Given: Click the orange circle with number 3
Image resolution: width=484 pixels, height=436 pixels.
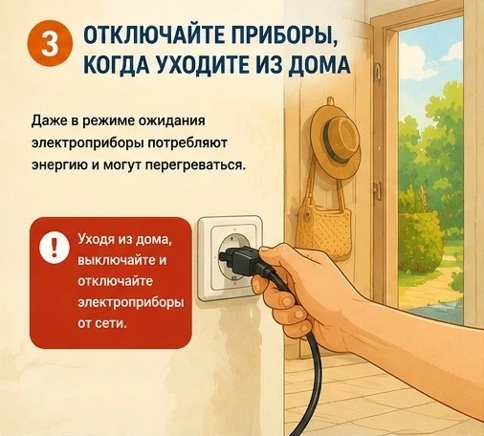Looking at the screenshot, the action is [x=51, y=43].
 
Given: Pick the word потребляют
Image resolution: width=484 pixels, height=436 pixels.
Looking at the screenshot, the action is [x=187, y=143].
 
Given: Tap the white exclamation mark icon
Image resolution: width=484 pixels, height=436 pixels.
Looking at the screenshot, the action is [x=54, y=246].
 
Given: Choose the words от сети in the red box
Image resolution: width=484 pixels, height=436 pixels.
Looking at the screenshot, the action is [x=102, y=323].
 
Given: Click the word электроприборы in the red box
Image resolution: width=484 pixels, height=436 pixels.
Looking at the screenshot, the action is [x=131, y=303].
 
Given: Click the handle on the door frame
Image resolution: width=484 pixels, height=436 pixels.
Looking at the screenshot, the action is [x=378, y=189].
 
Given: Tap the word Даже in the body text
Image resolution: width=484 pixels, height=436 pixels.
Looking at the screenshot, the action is [x=48, y=121].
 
